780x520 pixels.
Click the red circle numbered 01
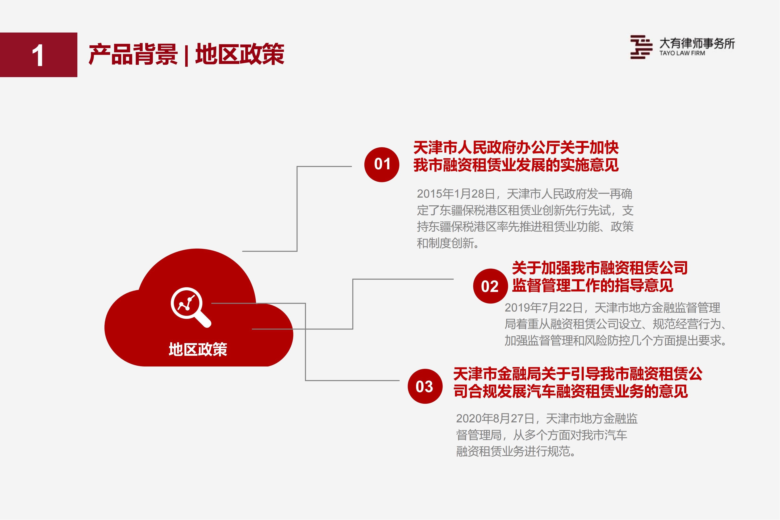tap(382, 165)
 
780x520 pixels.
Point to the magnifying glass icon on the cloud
tap(191, 307)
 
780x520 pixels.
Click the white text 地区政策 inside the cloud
tap(198, 349)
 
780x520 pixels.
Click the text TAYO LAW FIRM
tap(682, 53)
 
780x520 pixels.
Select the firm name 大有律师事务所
tap(697, 43)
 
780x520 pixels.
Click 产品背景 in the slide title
tap(133, 54)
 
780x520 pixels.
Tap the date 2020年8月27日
tap(495, 419)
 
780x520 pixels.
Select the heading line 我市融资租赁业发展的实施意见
tap(516, 165)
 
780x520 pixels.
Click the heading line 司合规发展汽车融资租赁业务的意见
tap(570, 391)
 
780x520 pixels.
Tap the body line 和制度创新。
tap(448, 243)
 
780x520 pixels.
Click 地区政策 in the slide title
tap(240, 54)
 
